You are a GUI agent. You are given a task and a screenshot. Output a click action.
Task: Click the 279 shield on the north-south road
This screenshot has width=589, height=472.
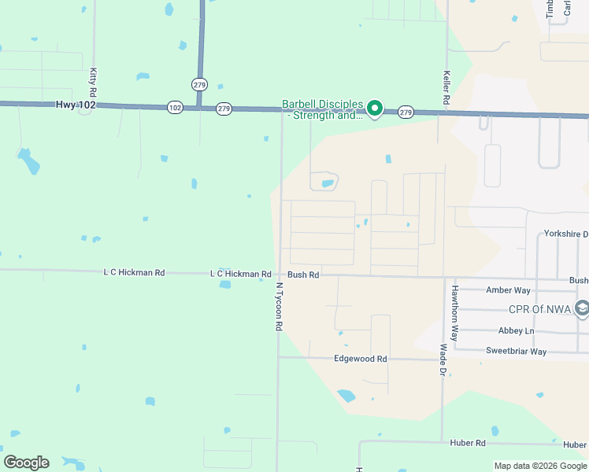198,83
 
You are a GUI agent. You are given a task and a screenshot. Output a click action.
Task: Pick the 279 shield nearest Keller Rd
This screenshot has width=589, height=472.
406,112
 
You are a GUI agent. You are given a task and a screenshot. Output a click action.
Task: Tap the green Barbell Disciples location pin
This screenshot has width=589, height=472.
376,109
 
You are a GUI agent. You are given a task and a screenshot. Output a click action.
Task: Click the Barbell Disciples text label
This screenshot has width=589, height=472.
323,109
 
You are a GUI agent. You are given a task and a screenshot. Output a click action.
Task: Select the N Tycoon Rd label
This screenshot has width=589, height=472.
278,307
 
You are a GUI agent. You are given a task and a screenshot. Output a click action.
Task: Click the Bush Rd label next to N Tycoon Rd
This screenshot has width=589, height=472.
303,275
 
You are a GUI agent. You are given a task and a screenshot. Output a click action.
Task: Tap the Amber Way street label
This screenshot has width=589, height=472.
508,290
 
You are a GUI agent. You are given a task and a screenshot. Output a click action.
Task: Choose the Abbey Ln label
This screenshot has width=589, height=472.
516,331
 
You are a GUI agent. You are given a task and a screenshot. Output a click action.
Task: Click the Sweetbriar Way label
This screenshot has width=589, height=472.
516,352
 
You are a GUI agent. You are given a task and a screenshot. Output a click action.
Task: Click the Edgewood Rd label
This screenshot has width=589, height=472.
361,359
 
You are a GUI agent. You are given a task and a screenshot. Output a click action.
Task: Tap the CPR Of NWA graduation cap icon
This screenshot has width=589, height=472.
582,308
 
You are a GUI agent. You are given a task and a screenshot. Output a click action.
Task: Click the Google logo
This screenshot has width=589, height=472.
26,463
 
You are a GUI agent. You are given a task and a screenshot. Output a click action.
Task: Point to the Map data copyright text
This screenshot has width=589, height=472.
539,466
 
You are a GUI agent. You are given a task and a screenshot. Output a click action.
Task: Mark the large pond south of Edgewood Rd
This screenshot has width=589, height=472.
346,396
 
